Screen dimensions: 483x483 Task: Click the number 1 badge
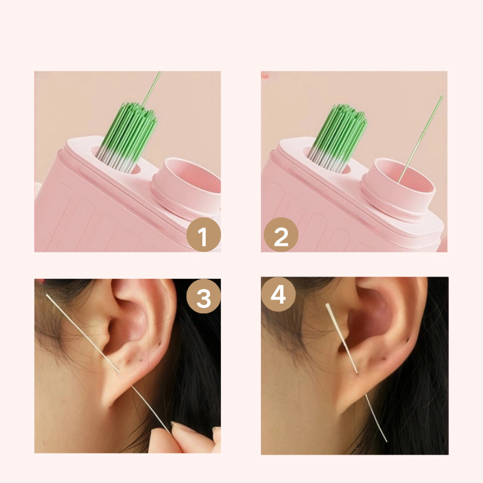203,235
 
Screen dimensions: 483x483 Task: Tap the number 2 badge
281,235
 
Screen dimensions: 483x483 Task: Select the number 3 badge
203,296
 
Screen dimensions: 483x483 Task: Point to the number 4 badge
278,294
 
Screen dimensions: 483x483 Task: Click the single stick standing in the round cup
420,139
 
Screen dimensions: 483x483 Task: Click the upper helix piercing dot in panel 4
408,340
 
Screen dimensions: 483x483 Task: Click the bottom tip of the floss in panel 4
386,441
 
